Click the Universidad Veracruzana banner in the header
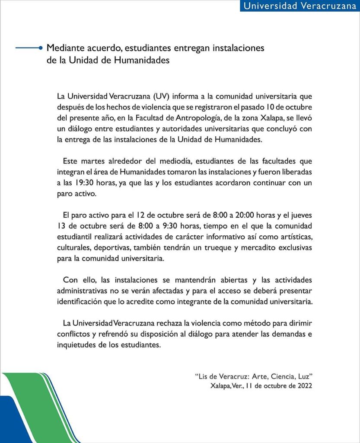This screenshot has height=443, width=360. pyautogui.click(x=300, y=6)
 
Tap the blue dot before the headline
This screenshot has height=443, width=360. pyautogui.click(x=40, y=48)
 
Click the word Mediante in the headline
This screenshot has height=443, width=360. pyautogui.click(x=64, y=48)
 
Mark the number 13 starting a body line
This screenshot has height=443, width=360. pyautogui.click(x=61, y=226)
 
